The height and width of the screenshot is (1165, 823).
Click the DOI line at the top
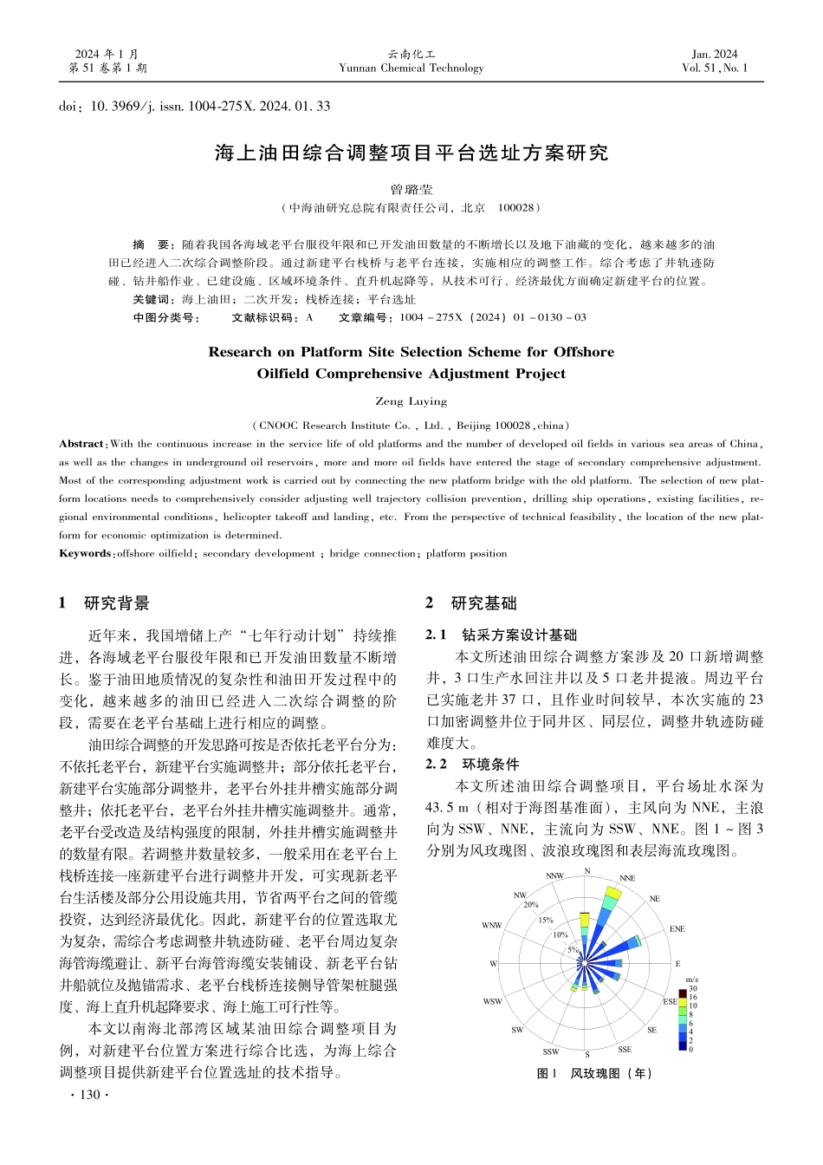tap(194, 107)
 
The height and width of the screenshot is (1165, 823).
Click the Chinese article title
tap(411, 153)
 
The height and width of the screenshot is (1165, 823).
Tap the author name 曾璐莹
tap(411, 189)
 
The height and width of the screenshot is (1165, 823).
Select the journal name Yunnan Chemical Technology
tap(411, 68)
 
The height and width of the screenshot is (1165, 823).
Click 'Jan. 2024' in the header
tap(715, 54)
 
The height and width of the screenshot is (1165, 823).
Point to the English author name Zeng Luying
tap(411, 402)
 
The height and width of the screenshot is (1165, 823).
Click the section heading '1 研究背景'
tap(104, 603)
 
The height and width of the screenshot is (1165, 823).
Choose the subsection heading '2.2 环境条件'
tap(472, 765)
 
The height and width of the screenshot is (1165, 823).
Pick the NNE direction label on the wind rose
tap(627, 878)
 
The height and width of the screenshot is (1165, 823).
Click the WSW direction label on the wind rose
tap(492, 1002)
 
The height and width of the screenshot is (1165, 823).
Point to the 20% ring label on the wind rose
tap(531, 905)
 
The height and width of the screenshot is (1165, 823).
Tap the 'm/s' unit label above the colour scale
tap(691, 980)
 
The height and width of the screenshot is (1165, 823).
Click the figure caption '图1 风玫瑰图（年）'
tap(594, 1074)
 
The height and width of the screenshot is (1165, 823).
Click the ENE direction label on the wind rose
tap(677, 929)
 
